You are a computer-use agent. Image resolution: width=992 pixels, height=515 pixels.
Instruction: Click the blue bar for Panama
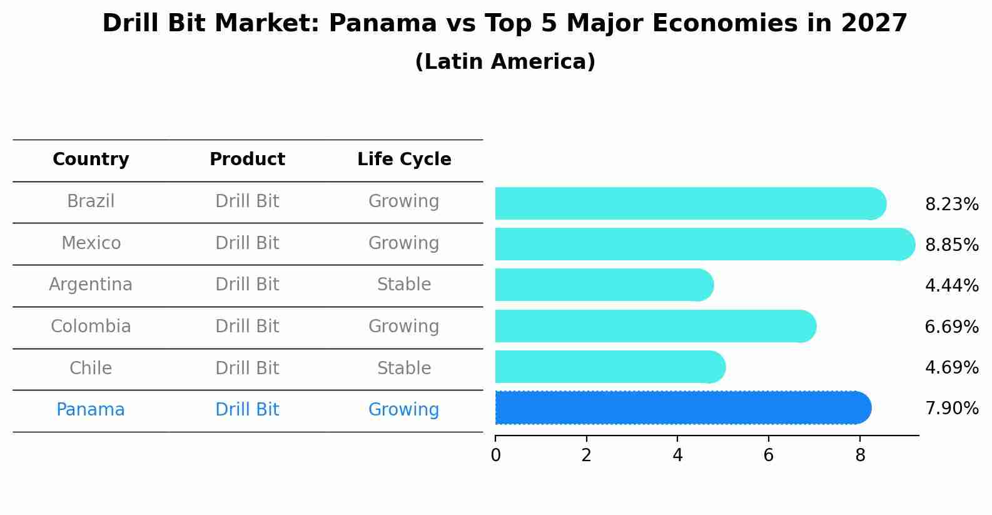click(682, 408)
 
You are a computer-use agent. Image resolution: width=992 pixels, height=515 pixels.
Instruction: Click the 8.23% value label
click(951, 205)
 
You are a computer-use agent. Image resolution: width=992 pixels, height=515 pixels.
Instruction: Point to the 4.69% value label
click(951, 367)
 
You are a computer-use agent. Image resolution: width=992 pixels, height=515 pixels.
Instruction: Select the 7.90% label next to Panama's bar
click(951, 409)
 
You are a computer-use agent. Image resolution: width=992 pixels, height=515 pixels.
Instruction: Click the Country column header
click(91, 160)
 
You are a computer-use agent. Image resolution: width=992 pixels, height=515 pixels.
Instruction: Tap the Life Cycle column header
click(404, 160)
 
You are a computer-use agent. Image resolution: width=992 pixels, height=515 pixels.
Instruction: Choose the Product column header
click(247, 160)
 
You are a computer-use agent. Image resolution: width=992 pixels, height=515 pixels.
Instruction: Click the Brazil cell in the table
click(91, 201)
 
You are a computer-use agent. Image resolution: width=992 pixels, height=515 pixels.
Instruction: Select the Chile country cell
click(91, 368)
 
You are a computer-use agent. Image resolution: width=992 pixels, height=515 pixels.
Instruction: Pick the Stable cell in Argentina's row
click(404, 285)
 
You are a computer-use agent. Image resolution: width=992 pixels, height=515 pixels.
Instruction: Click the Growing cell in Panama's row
click(404, 410)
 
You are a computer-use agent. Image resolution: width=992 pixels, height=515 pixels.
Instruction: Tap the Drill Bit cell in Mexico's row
click(247, 243)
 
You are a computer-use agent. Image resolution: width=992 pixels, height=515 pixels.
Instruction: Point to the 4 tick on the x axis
click(677, 456)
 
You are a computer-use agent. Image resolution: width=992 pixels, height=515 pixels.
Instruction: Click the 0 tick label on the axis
click(495, 456)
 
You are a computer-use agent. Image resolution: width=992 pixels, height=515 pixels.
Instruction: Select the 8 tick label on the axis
click(860, 456)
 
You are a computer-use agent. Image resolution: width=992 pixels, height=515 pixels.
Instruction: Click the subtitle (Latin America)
click(505, 62)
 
